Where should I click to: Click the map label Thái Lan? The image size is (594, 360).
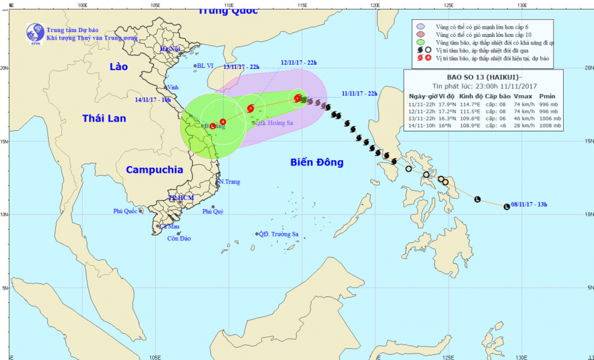point(104,118)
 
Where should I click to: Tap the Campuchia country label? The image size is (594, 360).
point(155,170)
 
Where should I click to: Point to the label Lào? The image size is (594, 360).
point(119,67)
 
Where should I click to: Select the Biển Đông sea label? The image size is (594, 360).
point(317,162)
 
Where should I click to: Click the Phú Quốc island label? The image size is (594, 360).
point(125,211)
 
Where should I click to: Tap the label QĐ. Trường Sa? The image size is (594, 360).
point(278,234)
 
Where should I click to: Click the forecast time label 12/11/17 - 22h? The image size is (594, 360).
point(299,62)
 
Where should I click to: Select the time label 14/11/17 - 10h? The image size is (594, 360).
point(153,99)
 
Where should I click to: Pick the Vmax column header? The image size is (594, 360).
point(523,96)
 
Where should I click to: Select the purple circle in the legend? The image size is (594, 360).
point(420,27)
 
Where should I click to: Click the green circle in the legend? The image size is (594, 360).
point(420,42)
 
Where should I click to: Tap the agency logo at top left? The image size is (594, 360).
point(34,34)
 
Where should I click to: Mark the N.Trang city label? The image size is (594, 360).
point(230,181)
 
